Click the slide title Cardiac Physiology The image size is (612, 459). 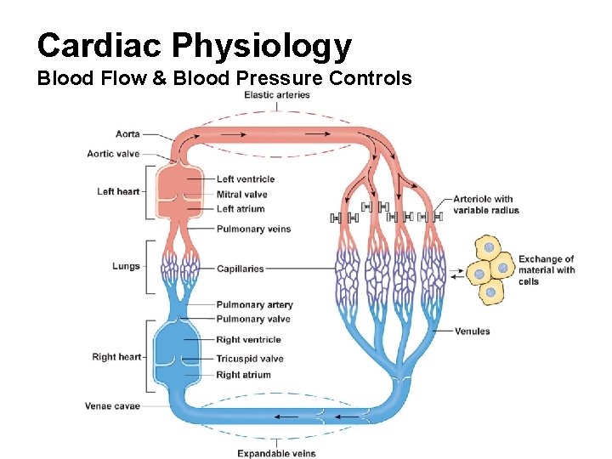pos(194,45)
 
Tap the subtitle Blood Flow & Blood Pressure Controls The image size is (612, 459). pos(224,79)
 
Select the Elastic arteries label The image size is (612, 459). pos(277,95)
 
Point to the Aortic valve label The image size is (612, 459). pos(113,154)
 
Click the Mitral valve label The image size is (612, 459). pos(241,195)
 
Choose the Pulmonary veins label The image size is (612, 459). pos(253,229)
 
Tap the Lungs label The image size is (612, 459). pos(126,266)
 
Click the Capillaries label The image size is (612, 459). pos(241,269)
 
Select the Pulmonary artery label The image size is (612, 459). pos(254,304)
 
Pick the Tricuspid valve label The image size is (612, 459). pos(249,359)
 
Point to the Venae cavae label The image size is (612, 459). pos(112,406)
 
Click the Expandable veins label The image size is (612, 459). pos(276,453)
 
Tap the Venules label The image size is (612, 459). pos(473,331)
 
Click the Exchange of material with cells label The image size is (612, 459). pos(547,270)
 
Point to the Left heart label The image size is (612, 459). pos(118,191)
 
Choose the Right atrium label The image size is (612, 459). pos(243,375)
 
